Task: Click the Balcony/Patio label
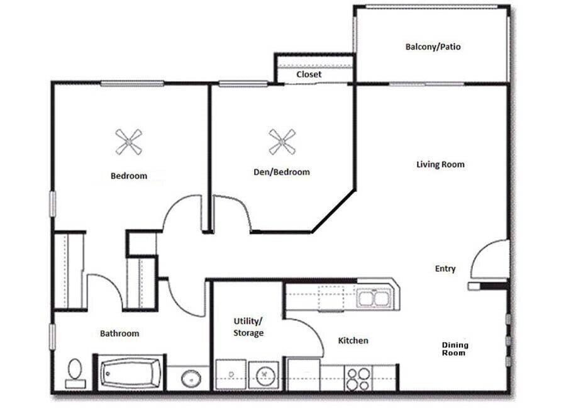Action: pyautogui.click(x=433, y=47)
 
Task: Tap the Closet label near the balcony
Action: pyautogui.click(x=309, y=74)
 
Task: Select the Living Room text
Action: pyautogui.click(x=440, y=164)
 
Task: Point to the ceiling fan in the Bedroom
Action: pyautogui.click(x=129, y=142)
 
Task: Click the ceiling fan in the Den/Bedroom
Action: pyautogui.click(x=282, y=142)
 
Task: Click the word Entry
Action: pyautogui.click(x=445, y=269)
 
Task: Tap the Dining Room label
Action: pyautogui.click(x=454, y=349)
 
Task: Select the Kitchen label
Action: pyautogui.click(x=353, y=340)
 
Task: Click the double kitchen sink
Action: pyautogui.click(x=374, y=297)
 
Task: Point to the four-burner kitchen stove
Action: pyautogui.click(x=358, y=379)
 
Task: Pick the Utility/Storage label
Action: pyautogui.click(x=248, y=327)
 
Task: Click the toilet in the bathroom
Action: pyautogui.click(x=75, y=373)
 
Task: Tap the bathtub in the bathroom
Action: pyautogui.click(x=131, y=374)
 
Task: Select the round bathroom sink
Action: pyautogui.click(x=191, y=379)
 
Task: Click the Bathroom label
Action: pyautogui.click(x=119, y=333)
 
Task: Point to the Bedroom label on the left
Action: pyautogui.click(x=129, y=176)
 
